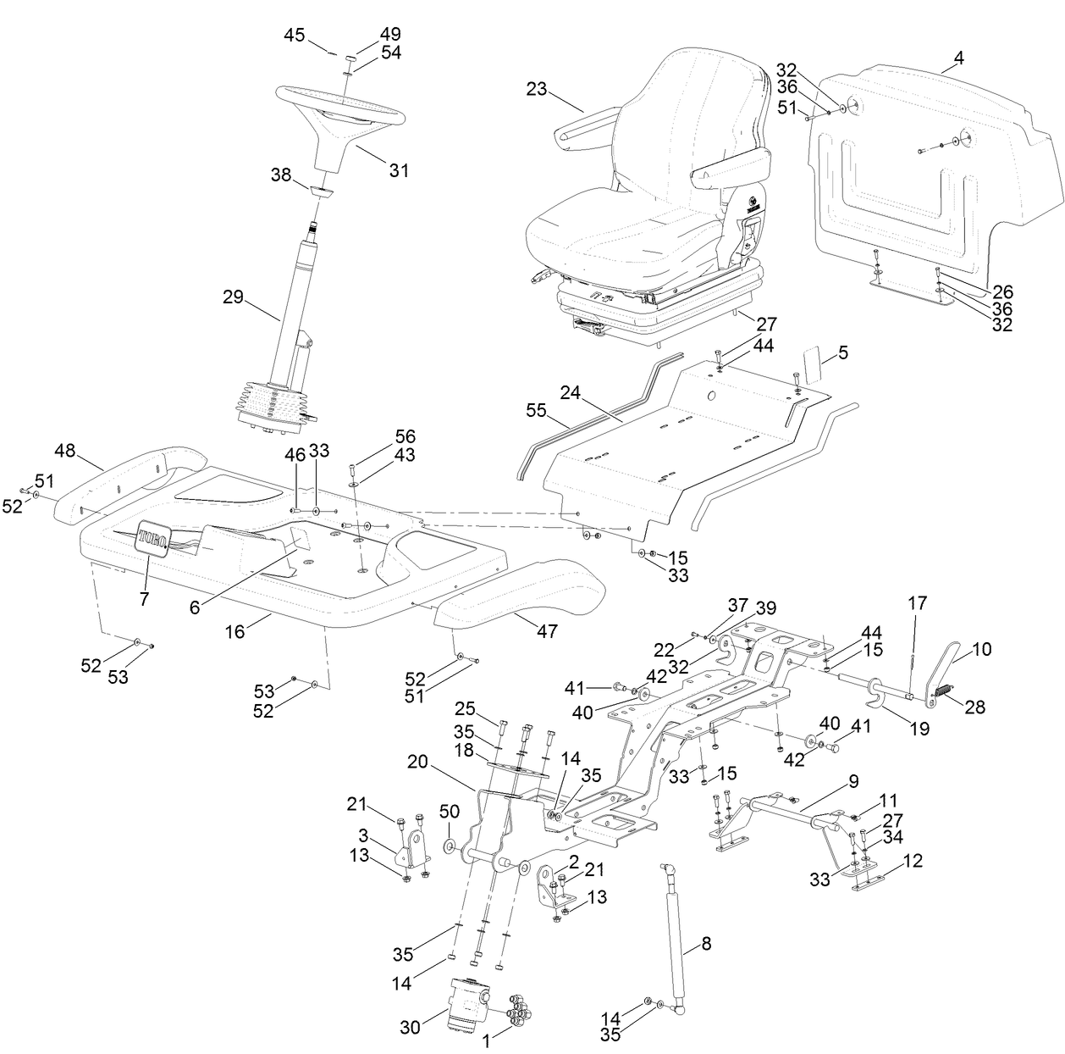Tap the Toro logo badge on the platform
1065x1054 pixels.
point(152,535)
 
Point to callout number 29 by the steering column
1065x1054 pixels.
point(233,297)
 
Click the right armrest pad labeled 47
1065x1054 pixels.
point(521,588)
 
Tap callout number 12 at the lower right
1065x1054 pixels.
point(912,862)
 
